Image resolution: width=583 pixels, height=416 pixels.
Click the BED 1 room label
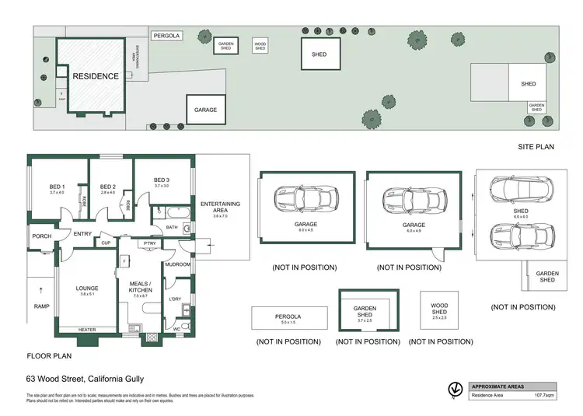click(x=57, y=187)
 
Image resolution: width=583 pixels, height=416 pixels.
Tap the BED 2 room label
click(x=107, y=187)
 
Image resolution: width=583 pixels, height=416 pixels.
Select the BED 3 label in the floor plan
click(x=161, y=182)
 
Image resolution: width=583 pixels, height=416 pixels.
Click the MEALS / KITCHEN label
click(x=141, y=287)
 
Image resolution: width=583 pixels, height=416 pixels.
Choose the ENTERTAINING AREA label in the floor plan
click(x=220, y=207)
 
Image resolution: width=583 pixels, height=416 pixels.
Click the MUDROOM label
click(x=177, y=264)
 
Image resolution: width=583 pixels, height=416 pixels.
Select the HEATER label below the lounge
click(x=87, y=330)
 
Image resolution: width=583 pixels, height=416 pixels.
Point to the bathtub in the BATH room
click(x=166, y=211)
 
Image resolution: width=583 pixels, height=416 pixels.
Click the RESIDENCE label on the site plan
click(x=96, y=76)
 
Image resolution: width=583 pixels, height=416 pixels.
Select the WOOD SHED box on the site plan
click(x=260, y=45)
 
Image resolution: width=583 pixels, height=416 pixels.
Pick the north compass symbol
click(x=452, y=390)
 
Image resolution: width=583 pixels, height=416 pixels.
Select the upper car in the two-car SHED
click(x=519, y=188)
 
